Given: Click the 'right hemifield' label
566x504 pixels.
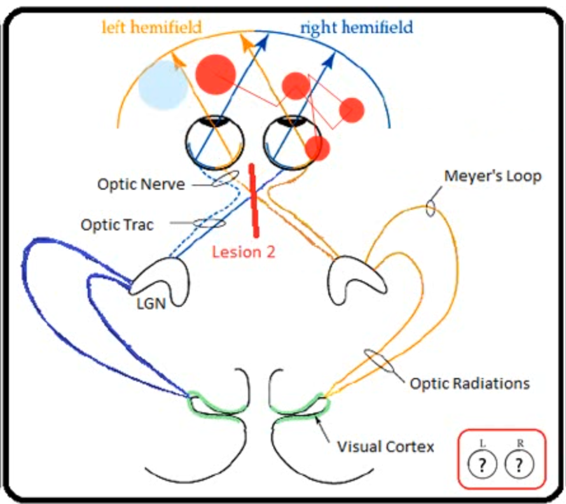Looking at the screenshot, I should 356,27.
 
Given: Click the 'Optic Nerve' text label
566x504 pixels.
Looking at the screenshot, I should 141,185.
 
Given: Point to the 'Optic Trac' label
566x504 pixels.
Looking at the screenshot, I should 117,225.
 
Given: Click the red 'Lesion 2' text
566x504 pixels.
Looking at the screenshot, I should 244,251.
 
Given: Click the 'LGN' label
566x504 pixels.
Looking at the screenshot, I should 151,304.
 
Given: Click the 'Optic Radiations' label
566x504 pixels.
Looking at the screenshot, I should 469,383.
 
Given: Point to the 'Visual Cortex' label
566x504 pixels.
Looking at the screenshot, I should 385,446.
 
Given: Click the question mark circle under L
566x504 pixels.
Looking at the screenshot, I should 483,465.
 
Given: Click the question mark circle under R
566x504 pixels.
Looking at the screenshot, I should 520,465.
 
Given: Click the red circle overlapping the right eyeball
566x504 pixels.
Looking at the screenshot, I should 317,148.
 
